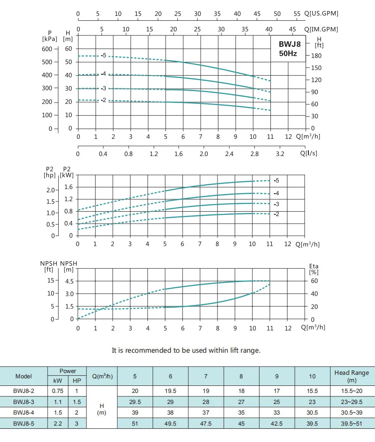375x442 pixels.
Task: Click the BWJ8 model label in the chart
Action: [x=289, y=44]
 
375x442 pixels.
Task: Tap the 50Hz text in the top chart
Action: [x=288, y=54]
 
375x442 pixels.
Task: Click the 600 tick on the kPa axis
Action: [x=47, y=49]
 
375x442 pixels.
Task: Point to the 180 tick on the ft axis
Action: [x=317, y=56]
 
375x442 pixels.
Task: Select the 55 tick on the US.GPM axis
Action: [x=297, y=14]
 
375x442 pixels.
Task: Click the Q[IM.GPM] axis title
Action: [x=322, y=29]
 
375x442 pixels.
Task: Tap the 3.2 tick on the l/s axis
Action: [x=280, y=154]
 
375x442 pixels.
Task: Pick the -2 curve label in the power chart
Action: [x=277, y=214]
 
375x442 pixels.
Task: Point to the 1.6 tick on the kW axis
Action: [x=68, y=187]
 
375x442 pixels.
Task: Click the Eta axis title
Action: [x=314, y=266]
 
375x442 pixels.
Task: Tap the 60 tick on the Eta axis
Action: [x=314, y=281]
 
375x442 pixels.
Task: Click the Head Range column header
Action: [x=352, y=376]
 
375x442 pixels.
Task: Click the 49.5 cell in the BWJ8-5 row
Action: [x=170, y=423]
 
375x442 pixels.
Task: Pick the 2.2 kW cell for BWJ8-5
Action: [x=57, y=423]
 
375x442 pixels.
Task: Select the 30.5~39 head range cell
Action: [x=352, y=412]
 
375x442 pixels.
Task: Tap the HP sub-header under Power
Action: [x=77, y=381]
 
